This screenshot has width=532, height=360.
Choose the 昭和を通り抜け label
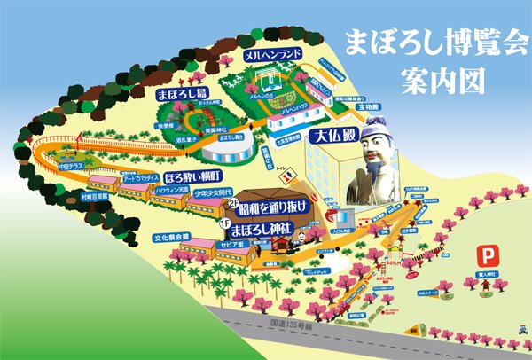coord(270,206)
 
